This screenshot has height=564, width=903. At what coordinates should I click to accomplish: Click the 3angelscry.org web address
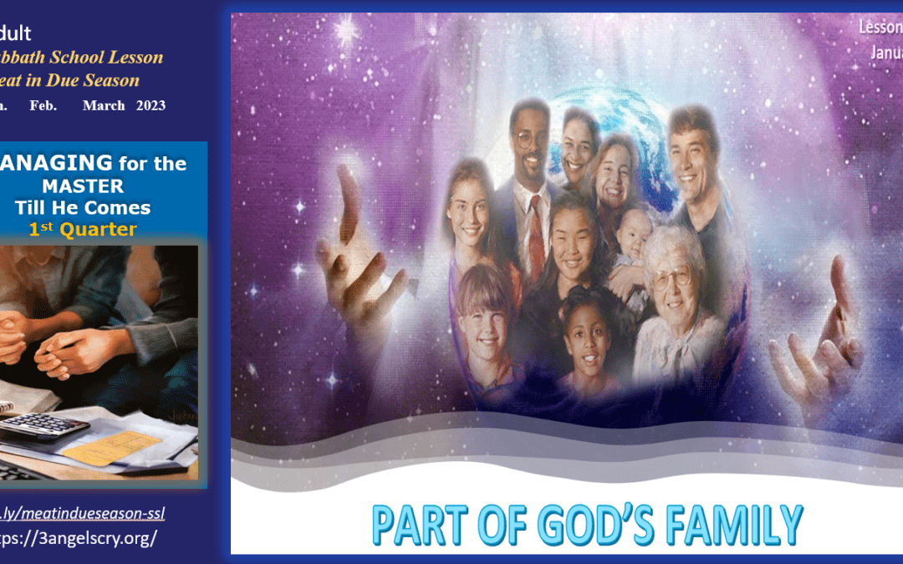tap(79, 537)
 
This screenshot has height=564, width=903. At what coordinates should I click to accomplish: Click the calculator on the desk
tap(43, 425)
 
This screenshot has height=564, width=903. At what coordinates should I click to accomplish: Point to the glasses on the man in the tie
tap(530, 139)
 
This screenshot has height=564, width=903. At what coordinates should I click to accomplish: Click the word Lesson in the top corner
tap(880, 27)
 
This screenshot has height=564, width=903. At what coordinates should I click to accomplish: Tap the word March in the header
tap(104, 105)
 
